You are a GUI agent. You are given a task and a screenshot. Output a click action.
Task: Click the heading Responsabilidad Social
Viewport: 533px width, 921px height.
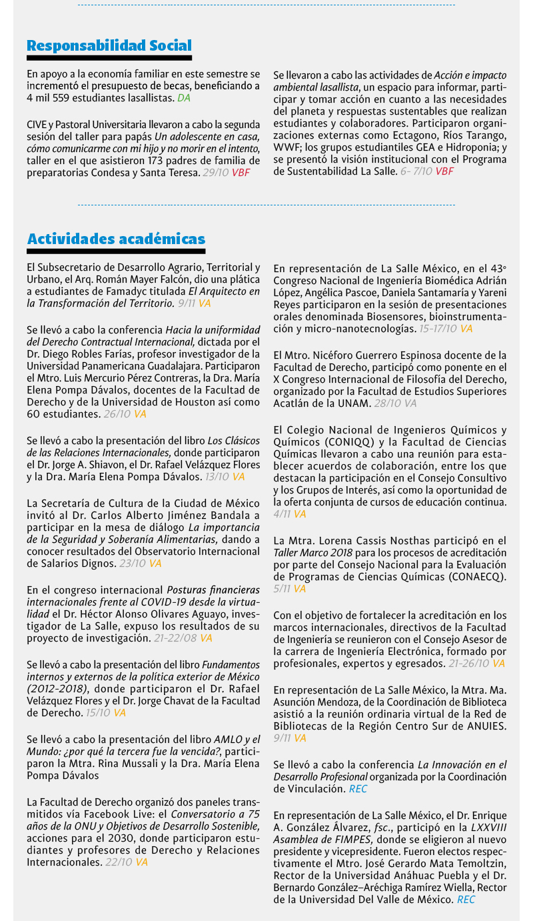point(109,45)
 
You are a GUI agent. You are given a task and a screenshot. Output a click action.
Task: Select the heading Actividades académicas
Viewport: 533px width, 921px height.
point(116,239)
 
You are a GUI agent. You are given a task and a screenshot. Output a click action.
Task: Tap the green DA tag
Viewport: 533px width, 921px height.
point(184,97)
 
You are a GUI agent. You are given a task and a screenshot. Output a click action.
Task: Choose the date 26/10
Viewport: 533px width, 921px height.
point(117,414)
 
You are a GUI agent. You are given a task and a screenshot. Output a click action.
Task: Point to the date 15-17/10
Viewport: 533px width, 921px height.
point(438,329)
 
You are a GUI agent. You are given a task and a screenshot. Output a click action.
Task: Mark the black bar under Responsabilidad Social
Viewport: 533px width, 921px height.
point(109,58)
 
